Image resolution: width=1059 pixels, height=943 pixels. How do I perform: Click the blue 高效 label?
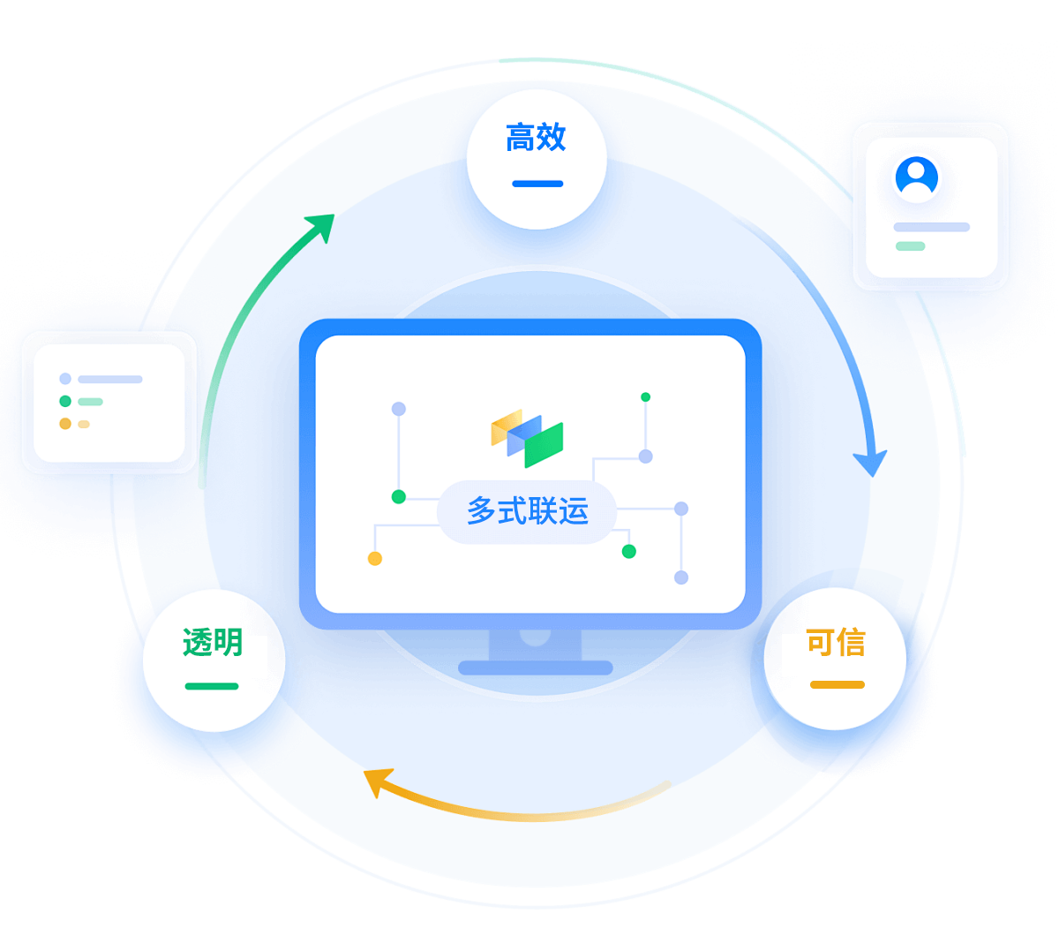(536, 137)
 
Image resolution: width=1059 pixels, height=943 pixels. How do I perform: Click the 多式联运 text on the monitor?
(528, 510)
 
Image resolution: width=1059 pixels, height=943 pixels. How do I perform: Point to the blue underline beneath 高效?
(537, 184)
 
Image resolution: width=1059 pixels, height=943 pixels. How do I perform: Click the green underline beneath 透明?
(212, 686)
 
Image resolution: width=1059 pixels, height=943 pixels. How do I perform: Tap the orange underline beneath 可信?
(837, 684)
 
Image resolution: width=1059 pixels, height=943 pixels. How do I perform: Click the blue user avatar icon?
(916, 177)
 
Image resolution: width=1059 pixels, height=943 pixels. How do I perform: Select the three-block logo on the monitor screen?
(527, 438)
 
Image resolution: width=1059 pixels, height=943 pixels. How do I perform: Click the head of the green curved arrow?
(321, 226)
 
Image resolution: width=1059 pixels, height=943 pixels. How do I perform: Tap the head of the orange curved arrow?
(377, 782)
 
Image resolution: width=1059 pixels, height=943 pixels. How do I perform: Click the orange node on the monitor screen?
(375, 559)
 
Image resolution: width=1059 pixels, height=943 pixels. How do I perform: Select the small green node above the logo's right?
(645, 397)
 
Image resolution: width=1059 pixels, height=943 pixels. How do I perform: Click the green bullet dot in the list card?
(65, 401)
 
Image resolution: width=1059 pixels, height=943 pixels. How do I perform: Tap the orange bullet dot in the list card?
(65, 423)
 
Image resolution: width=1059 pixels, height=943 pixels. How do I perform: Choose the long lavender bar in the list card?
(109, 379)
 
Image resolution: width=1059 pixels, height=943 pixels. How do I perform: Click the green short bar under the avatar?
(910, 246)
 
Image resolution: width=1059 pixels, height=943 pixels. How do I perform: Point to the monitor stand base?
(536, 668)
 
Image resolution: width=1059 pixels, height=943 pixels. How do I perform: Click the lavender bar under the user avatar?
(931, 227)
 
